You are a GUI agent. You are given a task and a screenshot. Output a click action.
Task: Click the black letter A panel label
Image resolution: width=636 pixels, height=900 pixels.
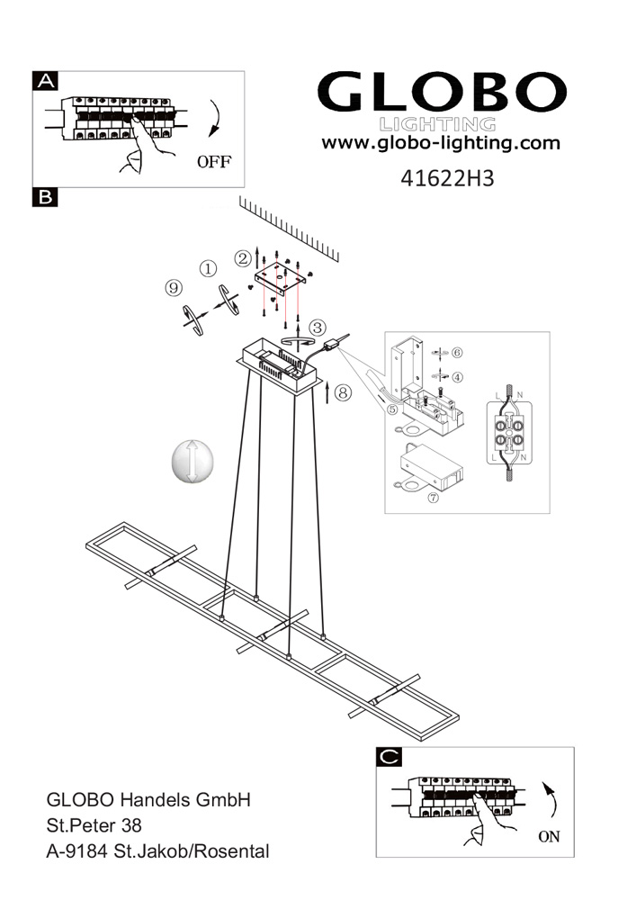coord(45,81)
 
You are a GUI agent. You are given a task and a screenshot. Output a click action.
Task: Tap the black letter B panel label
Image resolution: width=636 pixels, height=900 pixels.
coord(45,197)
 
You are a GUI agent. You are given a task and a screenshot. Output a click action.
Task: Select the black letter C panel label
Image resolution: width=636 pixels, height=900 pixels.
coord(389,757)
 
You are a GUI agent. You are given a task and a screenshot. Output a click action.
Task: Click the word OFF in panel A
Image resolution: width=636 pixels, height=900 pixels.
coord(214,162)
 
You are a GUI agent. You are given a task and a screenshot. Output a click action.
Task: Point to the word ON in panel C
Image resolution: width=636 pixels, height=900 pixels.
coord(549,837)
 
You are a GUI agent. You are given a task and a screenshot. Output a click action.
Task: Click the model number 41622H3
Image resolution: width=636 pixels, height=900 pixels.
coord(447,178)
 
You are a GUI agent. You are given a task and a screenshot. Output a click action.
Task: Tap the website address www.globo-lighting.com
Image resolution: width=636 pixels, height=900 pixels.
coord(441,143)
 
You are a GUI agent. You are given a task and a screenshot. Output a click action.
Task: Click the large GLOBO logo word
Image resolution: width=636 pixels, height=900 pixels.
coord(442,92)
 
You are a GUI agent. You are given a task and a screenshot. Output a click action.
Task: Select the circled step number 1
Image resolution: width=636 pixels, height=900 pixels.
coord(208,268)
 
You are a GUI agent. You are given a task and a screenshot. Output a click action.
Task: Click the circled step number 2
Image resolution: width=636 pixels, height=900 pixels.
coord(243,259)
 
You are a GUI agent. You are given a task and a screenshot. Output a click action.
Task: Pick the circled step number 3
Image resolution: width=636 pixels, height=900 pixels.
coord(318,328)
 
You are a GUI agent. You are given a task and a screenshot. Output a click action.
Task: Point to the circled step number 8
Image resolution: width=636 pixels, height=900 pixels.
coord(343,392)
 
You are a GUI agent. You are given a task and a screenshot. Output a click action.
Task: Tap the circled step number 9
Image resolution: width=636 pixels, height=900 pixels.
coord(174,288)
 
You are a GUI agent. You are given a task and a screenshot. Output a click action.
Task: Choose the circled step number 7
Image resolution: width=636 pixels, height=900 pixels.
coord(433,498)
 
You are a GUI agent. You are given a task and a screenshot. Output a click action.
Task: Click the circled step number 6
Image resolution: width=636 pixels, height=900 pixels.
coord(457,353)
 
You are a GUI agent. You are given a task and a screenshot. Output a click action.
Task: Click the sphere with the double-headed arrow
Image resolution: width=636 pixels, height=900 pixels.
coord(193,462)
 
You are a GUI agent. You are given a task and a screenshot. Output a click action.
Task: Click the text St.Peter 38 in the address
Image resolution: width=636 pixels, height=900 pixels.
coord(94,825)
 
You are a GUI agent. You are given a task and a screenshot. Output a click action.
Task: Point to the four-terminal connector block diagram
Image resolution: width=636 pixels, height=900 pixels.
coord(509,433)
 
